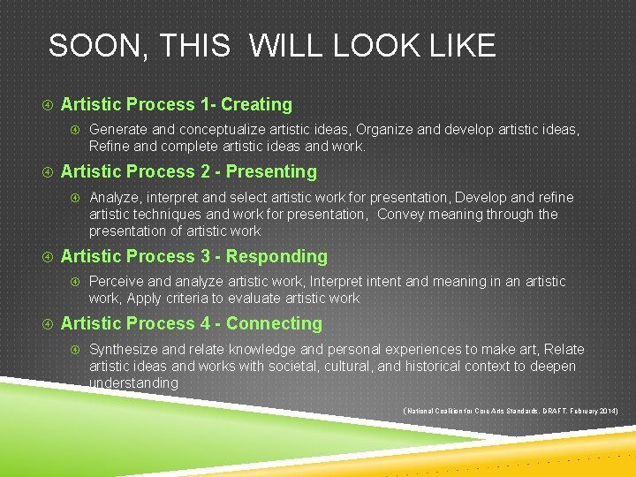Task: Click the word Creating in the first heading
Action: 256,104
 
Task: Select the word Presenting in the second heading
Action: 271,171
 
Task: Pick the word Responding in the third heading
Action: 276,256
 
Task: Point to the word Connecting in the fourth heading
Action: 274,323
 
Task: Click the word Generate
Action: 118,130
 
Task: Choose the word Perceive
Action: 117,281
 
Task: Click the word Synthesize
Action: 124,349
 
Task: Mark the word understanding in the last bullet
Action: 133,382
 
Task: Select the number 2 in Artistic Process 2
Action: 205,171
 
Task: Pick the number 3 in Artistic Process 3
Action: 205,256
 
